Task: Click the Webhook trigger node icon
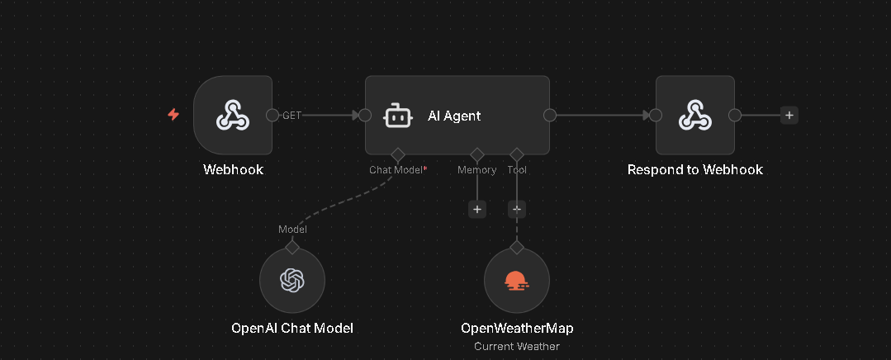(x=233, y=116)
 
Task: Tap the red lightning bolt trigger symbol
(x=173, y=115)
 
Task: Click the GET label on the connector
(x=292, y=116)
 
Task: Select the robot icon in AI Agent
(x=398, y=116)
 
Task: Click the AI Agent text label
(x=454, y=116)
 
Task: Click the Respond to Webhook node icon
(x=695, y=116)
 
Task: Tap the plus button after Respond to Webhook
(x=789, y=116)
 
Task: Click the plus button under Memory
(x=477, y=210)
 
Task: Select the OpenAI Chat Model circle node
(x=292, y=281)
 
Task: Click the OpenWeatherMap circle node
(x=517, y=281)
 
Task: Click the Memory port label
(x=477, y=170)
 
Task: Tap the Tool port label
(x=518, y=170)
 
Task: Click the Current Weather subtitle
(x=517, y=346)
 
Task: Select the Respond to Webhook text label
(x=695, y=170)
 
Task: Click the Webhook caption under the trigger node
(x=233, y=170)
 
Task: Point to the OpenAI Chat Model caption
(x=292, y=329)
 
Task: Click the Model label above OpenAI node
(x=292, y=230)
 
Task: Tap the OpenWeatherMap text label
(x=517, y=329)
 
